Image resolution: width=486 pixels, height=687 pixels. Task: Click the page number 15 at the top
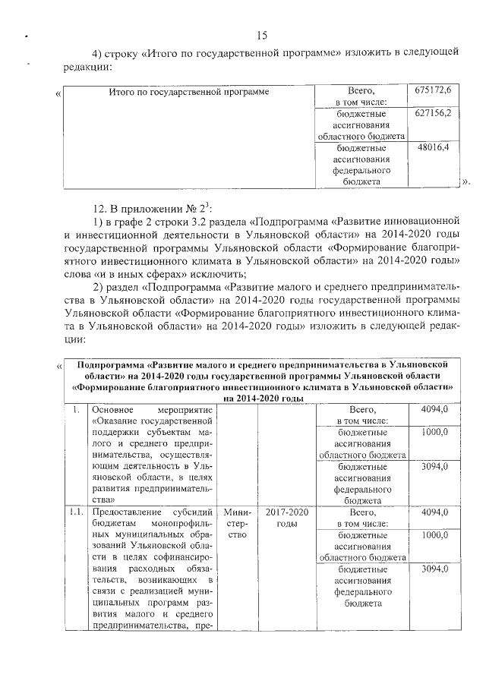click(x=262, y=36)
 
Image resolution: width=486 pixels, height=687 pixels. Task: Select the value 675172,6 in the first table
click(x=434, y=90)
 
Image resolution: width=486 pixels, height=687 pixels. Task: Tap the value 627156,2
click(x=434, y=112)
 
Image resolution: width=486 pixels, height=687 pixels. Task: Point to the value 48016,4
click(x=434, y=147)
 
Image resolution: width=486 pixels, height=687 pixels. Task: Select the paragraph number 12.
click(x=99, y=208)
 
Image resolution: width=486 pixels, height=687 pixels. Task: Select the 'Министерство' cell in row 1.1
click(x=237, y=524)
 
